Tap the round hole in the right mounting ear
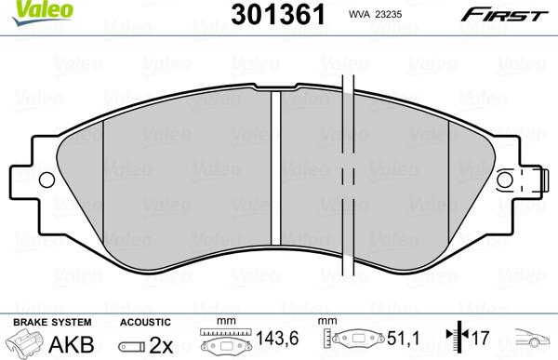coord(505,180)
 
